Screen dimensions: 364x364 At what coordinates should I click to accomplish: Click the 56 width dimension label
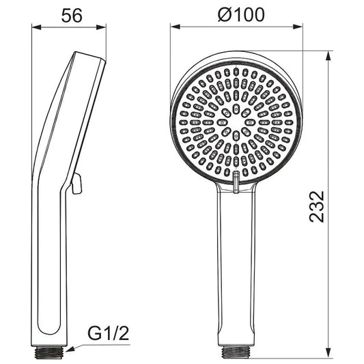[70, 15]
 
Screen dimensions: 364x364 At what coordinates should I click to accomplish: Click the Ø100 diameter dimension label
[236, 15]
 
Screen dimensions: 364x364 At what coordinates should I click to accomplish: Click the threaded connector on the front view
[236, 351]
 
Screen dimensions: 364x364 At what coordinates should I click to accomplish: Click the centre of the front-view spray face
[236, 124]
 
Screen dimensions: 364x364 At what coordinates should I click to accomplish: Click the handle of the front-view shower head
[236, 266]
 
